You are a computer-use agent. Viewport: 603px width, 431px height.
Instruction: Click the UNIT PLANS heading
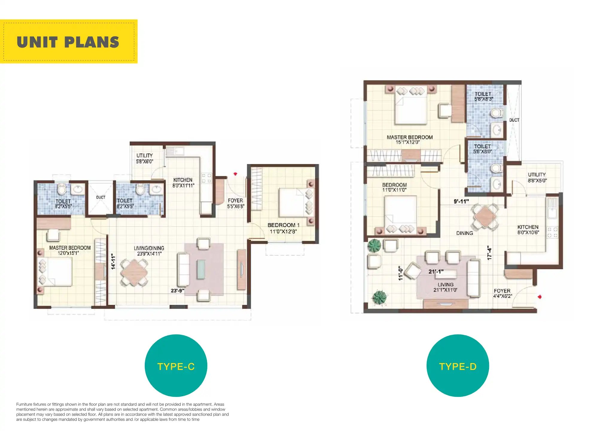[68, 42]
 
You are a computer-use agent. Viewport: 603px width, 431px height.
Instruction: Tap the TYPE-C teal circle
[176, 365]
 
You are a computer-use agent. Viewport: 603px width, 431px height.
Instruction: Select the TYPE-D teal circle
[458, 365]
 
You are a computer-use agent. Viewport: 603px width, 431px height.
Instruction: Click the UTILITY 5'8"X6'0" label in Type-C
[145, 158]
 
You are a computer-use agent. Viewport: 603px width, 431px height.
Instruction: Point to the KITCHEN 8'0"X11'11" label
[183, 183]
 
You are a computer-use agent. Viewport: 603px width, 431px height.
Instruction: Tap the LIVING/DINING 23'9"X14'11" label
[149, 251]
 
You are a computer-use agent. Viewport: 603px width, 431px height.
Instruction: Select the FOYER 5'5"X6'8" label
[235, 203]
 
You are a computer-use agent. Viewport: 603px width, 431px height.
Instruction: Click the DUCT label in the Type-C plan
[101, 197]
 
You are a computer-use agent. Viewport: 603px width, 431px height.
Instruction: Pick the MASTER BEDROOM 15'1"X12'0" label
[409, 139]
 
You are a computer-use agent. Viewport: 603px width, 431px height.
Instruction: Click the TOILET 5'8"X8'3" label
[483, 96]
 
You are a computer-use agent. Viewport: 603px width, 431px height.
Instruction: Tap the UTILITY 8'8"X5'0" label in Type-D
[537, 177]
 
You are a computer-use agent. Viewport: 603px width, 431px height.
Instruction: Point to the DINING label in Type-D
[465, 233]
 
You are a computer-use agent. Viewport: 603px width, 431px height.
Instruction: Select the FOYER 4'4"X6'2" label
[502, 293]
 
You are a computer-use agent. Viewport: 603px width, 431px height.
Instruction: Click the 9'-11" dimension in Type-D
[461, 201]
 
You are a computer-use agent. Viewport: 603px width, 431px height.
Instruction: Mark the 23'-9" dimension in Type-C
[177, 291]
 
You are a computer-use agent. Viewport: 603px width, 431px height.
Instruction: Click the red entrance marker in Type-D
[540, 297]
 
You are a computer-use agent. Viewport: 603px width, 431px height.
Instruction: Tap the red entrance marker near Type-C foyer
[235, 174]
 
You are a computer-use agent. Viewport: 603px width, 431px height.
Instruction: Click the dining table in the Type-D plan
[485, 216]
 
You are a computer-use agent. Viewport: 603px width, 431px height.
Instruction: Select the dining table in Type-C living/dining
[134, 272]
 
